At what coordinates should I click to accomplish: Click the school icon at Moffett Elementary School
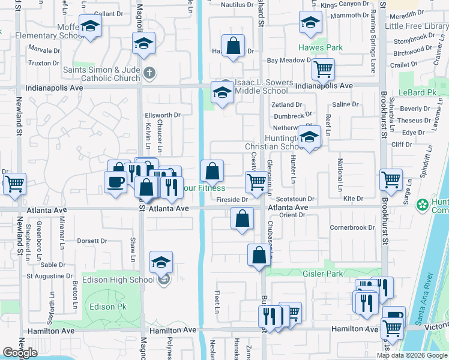[x=90, y=26]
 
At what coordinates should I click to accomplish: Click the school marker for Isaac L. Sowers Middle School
[x=221, y=93]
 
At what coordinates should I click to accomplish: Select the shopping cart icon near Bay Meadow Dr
[x=323, y=70]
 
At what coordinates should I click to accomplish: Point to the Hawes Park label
[x=321, y=47]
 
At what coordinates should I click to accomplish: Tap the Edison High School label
[x=125, y=280]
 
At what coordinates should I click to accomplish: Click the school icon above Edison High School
[x=161, y=262]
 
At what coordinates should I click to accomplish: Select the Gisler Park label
[x=339, y=274]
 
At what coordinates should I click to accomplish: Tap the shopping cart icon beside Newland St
[x=14, y=184]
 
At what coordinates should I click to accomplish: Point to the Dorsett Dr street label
[x=92, y=241]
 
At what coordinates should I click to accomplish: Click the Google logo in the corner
[x=19, y=353]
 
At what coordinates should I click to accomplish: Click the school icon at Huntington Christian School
[x=310, y=137]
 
